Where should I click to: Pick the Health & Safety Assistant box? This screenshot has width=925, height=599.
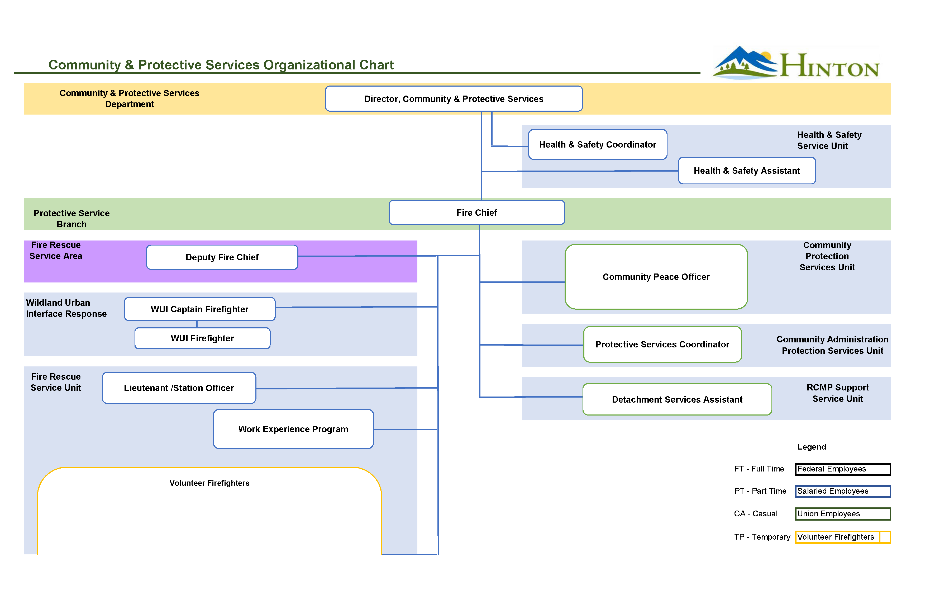click(747, 171)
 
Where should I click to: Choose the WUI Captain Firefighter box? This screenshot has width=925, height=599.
click(199, 309)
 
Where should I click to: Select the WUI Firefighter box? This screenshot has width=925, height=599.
click(202, 338)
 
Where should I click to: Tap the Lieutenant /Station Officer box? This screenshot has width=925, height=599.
click(179, 388)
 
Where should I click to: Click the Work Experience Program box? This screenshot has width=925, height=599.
click(293, 429)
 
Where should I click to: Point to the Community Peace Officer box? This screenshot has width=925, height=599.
click(656, 277)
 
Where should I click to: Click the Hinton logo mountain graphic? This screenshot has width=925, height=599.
click(744, 63)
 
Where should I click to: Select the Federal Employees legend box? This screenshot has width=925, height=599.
click(843, 469)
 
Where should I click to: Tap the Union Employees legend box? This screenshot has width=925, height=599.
click(843, 514)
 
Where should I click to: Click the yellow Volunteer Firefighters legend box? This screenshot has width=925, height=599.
click(843, 537)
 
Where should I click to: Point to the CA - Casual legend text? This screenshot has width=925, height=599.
click(756, 514)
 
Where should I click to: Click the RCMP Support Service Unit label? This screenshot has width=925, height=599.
click(838, 393)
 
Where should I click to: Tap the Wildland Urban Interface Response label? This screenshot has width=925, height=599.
click(66, 308)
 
